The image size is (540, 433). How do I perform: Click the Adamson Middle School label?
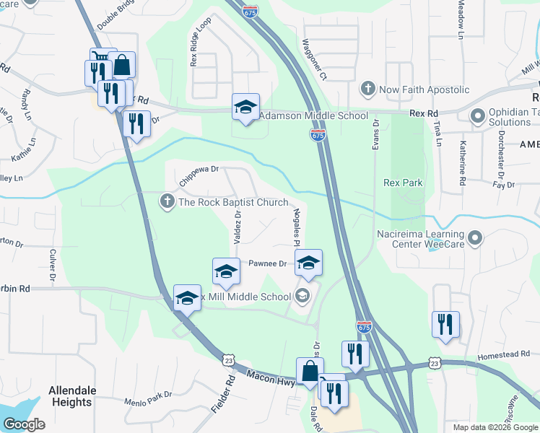[x=313, y=115]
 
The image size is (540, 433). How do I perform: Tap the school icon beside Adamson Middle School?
[x=245, y=107]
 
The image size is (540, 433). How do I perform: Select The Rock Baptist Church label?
[x=233, y=203]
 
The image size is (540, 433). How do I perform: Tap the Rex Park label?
[x=403, y=183]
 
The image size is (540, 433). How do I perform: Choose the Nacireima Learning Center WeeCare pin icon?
[x=475, y=237]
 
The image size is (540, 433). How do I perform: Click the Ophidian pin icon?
[x=476, y=115]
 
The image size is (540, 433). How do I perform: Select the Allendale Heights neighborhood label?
[x=72, y=396]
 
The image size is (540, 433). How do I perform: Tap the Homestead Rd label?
[x=504, y=354]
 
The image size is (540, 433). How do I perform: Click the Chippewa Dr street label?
[x=199, y=175]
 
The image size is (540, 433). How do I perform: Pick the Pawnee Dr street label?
[x=268, y=264]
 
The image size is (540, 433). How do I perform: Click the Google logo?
[x=25, y=424]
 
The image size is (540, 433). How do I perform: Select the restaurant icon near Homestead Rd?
[x=445, y=325]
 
